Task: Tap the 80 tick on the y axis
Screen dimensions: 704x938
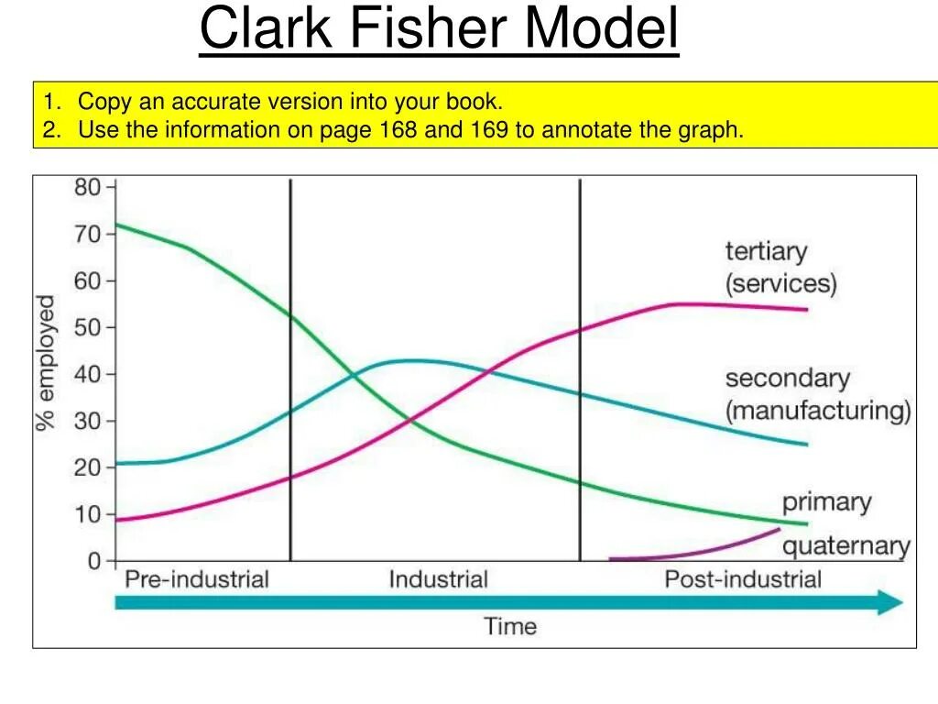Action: [x=88, y=187]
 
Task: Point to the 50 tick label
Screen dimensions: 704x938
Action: [x=88, y=327]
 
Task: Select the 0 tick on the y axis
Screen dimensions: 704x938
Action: [x=95, y=560]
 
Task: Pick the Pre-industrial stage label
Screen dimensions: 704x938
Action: [x=196, y=579]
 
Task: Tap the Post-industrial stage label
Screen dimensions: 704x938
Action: [x=743, y=579]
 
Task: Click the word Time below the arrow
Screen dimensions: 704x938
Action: [x=510, y=627]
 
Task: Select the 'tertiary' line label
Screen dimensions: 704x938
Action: [x=767, y=251]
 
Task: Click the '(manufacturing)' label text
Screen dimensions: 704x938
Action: [x=818, y=410]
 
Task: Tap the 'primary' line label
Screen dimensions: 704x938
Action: [x=826, y=502]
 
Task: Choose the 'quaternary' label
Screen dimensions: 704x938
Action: [x=845, y=547]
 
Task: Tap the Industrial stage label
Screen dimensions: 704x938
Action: [x=438, y=579]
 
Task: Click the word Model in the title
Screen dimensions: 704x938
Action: [x=600, y=30]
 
